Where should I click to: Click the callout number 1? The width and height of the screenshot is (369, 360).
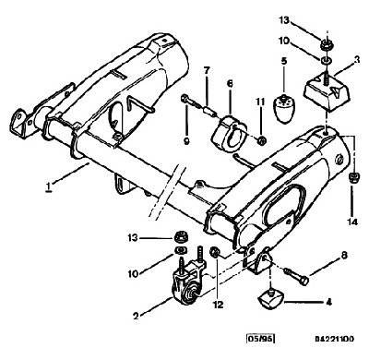48,187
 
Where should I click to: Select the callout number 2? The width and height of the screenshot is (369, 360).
136,316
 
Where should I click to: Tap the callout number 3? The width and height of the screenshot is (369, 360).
357,60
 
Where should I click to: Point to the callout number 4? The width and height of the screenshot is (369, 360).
328,303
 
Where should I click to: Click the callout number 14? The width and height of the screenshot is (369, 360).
352,222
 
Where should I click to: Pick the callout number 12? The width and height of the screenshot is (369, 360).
218,305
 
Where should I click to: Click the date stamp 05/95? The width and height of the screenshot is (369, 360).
261,339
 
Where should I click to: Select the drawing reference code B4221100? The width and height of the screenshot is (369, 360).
334,339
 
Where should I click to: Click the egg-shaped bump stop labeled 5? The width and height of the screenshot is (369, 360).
284,109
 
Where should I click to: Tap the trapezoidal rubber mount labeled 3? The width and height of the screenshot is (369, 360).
327,92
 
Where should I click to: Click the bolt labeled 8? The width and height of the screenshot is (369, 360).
296,276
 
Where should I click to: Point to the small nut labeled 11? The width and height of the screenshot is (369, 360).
262,141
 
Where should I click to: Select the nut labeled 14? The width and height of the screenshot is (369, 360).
352,178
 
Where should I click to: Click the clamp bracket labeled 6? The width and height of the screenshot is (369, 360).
229,133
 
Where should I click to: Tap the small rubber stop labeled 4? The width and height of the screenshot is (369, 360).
270,298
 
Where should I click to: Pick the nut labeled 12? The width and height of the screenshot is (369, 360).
214,252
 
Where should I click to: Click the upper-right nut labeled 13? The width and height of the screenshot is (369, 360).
326,45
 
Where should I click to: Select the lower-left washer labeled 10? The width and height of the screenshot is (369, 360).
180,250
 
